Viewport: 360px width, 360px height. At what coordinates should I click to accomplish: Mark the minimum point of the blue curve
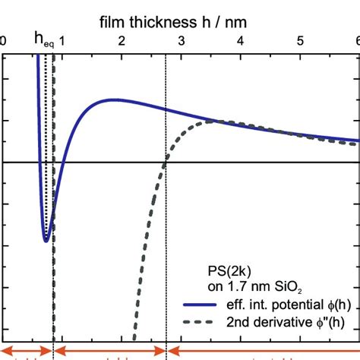tap(46, 241)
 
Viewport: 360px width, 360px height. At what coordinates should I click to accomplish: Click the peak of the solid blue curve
tap(114, 99)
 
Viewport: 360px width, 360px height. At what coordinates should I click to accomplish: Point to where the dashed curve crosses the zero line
tap(165, 162)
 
